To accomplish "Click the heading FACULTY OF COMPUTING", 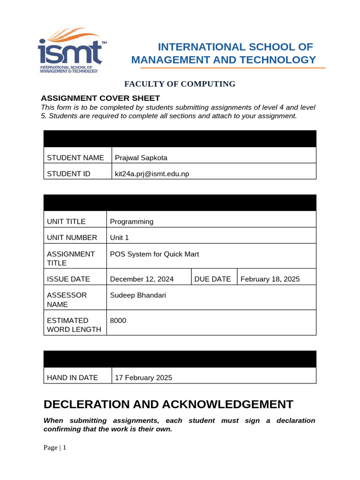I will point(180,84).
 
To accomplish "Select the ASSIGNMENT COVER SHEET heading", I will point(101,98).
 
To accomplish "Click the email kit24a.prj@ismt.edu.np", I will point(152,174).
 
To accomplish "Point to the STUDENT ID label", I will point(68,174).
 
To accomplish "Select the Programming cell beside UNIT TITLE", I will point(132,222).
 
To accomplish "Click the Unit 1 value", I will point(119,238).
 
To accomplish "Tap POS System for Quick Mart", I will point(154,254).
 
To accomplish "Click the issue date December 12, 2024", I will point(142,279).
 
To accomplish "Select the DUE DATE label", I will point(212,279).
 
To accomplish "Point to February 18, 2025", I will point(270,279).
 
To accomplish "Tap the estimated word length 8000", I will point(118,321).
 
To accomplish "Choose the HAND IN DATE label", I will point(72,378).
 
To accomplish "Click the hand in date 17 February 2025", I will point(143,378).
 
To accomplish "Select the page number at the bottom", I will point(55,448).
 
